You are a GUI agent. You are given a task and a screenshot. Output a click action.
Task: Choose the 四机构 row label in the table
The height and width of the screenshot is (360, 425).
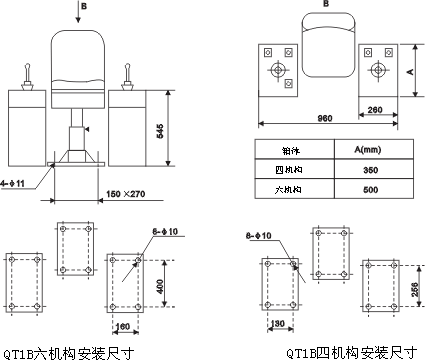(x=294, y=167)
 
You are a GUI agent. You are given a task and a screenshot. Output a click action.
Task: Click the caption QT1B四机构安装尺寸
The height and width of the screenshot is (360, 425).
(x=350, y=352)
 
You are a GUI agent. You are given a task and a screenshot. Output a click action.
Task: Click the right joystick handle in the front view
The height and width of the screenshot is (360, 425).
(x=129, y=74)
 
